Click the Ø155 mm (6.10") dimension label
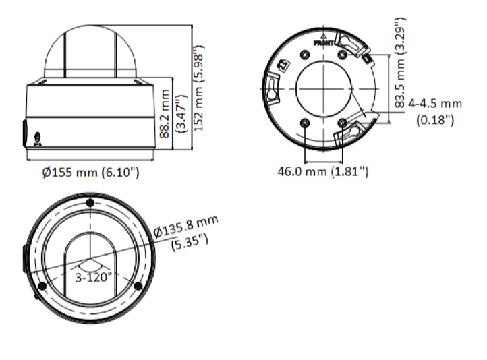(x=90, y=172)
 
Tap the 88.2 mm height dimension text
(x=165, y=113)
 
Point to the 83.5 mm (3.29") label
(x=400, y=63)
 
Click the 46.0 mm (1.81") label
(x=323, y=171)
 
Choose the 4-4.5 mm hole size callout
(x=435, y=104)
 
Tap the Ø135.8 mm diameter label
(x=186, y=227)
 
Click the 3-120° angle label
(x=94, y=277)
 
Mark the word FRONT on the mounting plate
(x=324, y=43)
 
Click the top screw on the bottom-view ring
(x=90, y=203)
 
